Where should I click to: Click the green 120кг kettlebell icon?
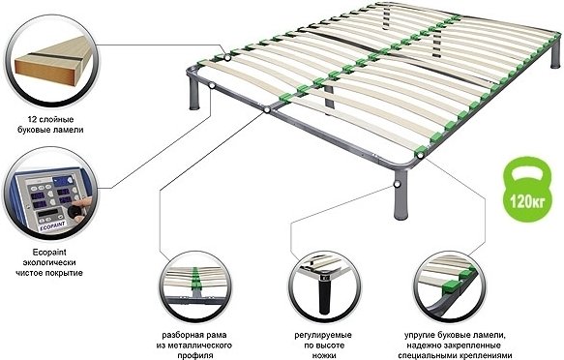pyautogui.click(x=527, y=189)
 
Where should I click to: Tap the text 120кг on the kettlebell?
pyautogui.click(x=527, y=201)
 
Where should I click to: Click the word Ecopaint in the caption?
pyautogui.click(x=49, y=252)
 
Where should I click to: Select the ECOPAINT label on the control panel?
pyautogui.click(x=52, y=225)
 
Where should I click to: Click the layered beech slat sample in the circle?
pyautogui.click(x=51, y=61)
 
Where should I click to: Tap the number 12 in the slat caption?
pyautogui.click(x=32, y=119)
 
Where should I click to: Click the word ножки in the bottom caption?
pyautogui.click(x=323, y=356)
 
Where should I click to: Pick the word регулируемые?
pyautogui.click(x=323, y=335)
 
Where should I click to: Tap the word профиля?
pyautogui.click(x=194, y=356)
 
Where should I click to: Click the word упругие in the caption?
pyautogui.click(x=420, y=335)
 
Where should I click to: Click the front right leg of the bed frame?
pyautogui.click(x=401, y=195)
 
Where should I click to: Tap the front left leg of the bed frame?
pyautogui.click(x=194, y=94)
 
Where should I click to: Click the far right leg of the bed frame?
pyautogui.click(x=555, y=54)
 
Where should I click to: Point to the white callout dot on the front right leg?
pyautogui.click(x=397, y=185)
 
